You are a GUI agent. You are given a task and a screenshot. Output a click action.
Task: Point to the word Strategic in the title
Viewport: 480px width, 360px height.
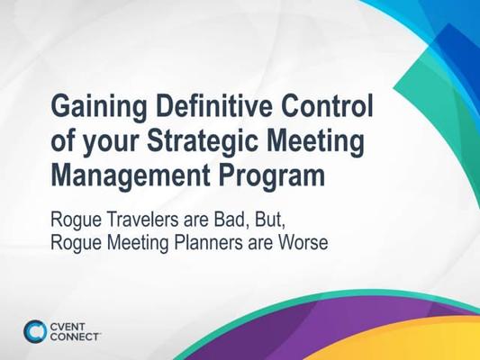[x=203, y=141]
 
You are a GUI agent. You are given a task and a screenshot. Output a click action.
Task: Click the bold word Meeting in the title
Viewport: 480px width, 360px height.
[x=315, y=141]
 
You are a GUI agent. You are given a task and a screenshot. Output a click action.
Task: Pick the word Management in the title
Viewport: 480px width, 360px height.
[x=131, y=177]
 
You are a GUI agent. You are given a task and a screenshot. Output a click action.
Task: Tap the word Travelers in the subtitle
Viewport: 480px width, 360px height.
[x=142, y=220]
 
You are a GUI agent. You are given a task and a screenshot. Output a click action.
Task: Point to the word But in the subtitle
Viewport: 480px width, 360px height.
[x=270, y=220]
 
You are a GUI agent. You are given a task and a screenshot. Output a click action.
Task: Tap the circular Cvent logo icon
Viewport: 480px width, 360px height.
[x=35, y=331]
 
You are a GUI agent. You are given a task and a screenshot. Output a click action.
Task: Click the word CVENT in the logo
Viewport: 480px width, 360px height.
[x=68, y=327]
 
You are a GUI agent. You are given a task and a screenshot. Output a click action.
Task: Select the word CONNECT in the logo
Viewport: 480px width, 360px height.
[x=75, y=337]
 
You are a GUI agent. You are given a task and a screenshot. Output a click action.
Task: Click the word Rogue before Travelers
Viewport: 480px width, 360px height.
[x=76, y=220]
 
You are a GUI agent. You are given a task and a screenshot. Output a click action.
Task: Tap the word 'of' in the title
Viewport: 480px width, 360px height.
[x=62, y=141]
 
